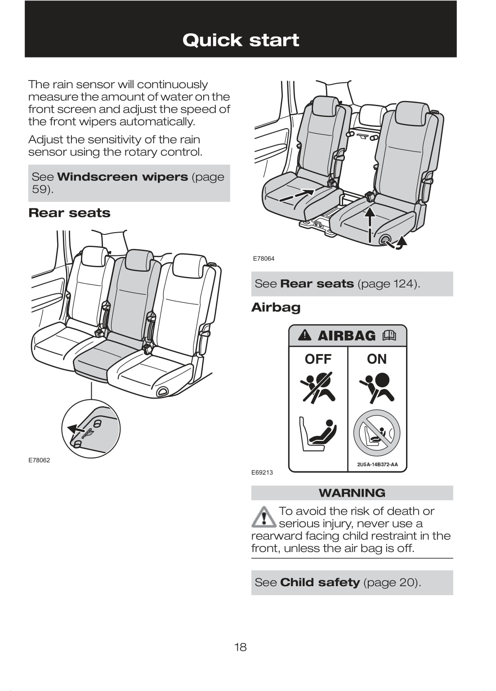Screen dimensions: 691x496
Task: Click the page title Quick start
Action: click(x=241, y=40)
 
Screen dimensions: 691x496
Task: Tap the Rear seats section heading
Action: click(x=69, y=213)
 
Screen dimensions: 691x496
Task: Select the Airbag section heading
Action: click(x=276, y=308)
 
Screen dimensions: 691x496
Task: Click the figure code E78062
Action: click(x=39, y=460)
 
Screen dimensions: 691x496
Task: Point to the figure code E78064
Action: click(x=264, y=259)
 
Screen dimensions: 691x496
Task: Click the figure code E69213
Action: click(x=262, y=472)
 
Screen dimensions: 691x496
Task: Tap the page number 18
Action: click(x=240, y=647)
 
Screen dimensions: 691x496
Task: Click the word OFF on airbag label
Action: click(x=318, y=359)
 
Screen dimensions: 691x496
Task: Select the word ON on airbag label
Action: click(x=376, y=359)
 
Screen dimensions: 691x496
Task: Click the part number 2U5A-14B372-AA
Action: click(x=377, y=465)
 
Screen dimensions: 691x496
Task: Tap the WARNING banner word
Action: click(x=352, y=493)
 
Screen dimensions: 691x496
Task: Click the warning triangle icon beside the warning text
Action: click(x=264, y=517)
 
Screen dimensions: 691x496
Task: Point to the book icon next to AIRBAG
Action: click(x=389, y=336)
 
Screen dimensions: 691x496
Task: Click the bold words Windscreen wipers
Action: click(x=122, y=177)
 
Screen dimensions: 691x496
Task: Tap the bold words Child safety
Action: click(x=320, y=583)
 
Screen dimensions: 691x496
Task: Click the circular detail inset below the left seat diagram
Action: click(x=91, y=429)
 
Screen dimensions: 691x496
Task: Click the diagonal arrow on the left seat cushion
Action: click(x=296, y=195)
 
